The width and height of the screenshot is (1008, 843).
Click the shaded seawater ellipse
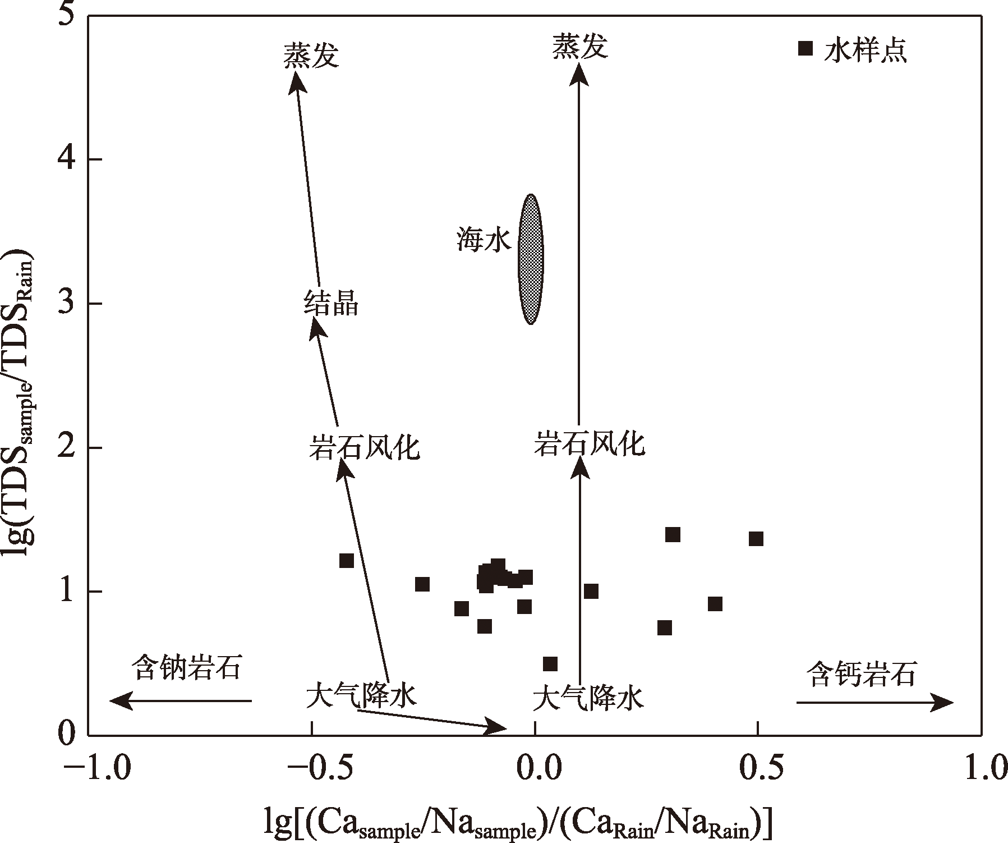[x=530, y=259]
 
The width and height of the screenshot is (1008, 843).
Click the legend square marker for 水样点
[x=805, y=49]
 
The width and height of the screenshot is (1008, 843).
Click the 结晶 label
[x=331, y=304]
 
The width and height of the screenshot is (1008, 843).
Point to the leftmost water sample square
[x=347, y=560]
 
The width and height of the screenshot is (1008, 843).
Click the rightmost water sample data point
[x=756, y=539]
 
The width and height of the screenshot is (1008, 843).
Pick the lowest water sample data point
[x=550, y=664]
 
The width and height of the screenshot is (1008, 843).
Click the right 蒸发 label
[x=580, y=47]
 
